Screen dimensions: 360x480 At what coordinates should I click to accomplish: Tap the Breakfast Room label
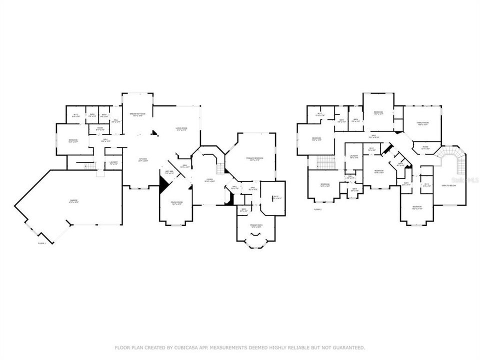tap(137, 114)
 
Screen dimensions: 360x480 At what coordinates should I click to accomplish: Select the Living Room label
tap(181, 129)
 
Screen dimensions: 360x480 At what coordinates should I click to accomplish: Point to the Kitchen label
tap(143, 160)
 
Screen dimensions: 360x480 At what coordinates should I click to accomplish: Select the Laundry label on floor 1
tap(113, 163)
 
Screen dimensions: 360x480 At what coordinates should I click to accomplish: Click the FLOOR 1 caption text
tap(42, 243)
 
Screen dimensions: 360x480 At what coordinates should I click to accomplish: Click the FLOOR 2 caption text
tap(317, 209)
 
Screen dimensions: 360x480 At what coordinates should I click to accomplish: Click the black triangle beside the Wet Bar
tap(163, 185)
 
